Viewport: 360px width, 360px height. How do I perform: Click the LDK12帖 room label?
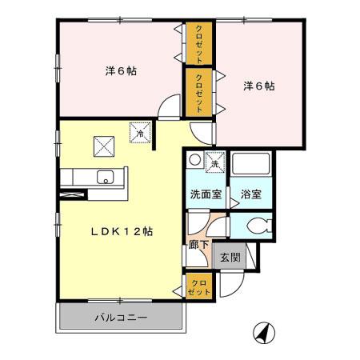click(122, 231)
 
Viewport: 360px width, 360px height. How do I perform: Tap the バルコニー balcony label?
click(122, 318)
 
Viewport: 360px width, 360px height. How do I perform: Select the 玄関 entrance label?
click(230, 257)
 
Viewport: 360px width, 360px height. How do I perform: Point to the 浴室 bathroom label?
click(251, 194)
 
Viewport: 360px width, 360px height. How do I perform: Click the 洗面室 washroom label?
click(206, 194)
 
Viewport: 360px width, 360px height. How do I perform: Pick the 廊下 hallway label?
click(198, 245)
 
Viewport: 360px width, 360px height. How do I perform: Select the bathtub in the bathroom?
click(251, 163)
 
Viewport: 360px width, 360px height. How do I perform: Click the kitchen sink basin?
click(106, 177)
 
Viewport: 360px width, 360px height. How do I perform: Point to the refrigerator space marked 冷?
click(140, 133)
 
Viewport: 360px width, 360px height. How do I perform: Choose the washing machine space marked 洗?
click(215, 162)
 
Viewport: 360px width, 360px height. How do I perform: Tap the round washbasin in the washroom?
click(195, 160)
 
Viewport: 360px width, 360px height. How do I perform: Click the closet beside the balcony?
click(198, 287)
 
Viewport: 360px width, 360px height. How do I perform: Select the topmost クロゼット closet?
click(198, 43)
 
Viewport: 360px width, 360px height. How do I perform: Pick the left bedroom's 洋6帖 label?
click(121, 71)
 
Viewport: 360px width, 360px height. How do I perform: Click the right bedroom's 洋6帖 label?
click(258, 86)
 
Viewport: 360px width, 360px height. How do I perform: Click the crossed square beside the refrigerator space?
click(104, 146)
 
